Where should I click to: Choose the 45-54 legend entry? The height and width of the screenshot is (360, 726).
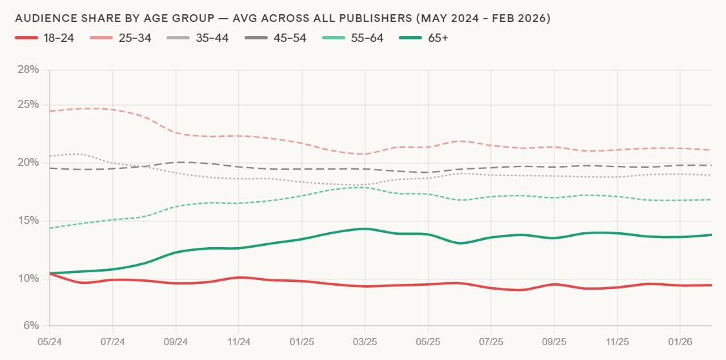[x=276, y=38]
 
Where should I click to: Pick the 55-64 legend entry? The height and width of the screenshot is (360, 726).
[x=353, y=38]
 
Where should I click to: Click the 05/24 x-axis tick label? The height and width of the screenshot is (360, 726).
[x=50, y=338]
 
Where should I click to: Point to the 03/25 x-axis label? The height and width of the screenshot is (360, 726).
[x=365, y=338]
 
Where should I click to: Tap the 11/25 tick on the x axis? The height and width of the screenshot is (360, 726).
[x=618, y=338]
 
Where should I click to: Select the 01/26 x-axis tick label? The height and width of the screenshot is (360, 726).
[x=680, y=338]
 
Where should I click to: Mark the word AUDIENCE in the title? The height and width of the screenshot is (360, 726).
[x=45, y=19]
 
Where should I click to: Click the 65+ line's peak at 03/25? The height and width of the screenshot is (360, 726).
[x=365, y=228]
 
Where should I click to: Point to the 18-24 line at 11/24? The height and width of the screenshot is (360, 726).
[x=239, y=277]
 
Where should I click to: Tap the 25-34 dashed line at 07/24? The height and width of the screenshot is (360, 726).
[x=113, y=110]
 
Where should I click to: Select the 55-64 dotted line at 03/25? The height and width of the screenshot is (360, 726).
[x=365, y=187]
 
